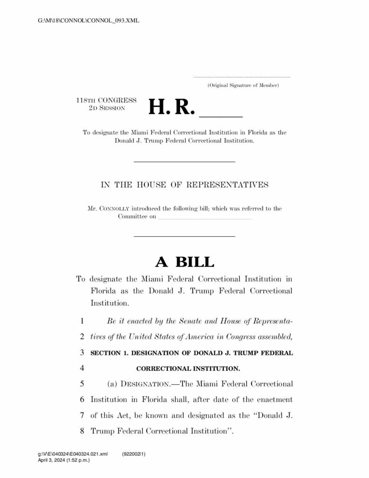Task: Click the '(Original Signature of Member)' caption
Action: [x=243, y=85]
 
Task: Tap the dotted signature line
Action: [x=241, y=77]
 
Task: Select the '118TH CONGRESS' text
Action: [x=106, y=100]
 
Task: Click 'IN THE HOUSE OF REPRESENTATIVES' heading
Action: [x=185, y=185]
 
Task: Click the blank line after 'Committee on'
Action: [x=204, y=218]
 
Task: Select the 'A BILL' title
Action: [x=185, y=262]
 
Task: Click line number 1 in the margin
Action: [x=82, y=321]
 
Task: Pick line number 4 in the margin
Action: [x=82, y=368]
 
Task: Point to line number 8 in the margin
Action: [x=82, y=430]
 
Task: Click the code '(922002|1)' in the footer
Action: [x=134, y=454]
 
